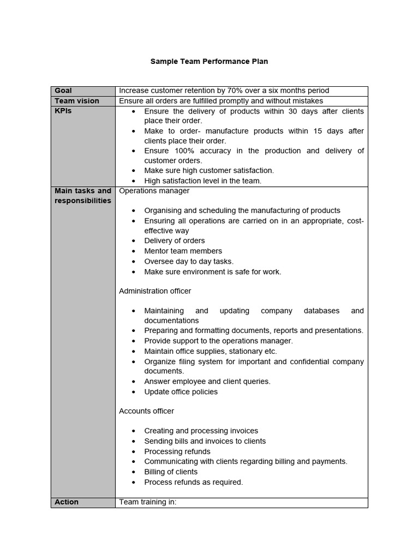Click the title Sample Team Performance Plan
tap(209, 62)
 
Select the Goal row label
tap(63, 91)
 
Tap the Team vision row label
tap(77, 101)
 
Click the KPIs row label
tap(63, 111)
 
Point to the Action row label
tap(67, 502)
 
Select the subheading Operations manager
tap(154, 191)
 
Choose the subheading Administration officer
tap(155, 291)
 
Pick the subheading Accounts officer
tap(147, 411)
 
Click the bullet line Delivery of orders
tap(175, 241)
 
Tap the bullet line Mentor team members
tap(183, 251)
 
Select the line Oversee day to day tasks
tap(189, 261)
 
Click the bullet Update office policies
tap(181, 392)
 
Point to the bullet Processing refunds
tap(177, 451)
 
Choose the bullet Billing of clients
tap(171, 472)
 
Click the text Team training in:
tap(148, 502)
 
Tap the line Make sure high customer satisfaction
tap(209, 171)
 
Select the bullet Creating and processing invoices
tap(201, 431)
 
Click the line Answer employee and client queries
tap(207, 382)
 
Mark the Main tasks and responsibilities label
tap(83, 196)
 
